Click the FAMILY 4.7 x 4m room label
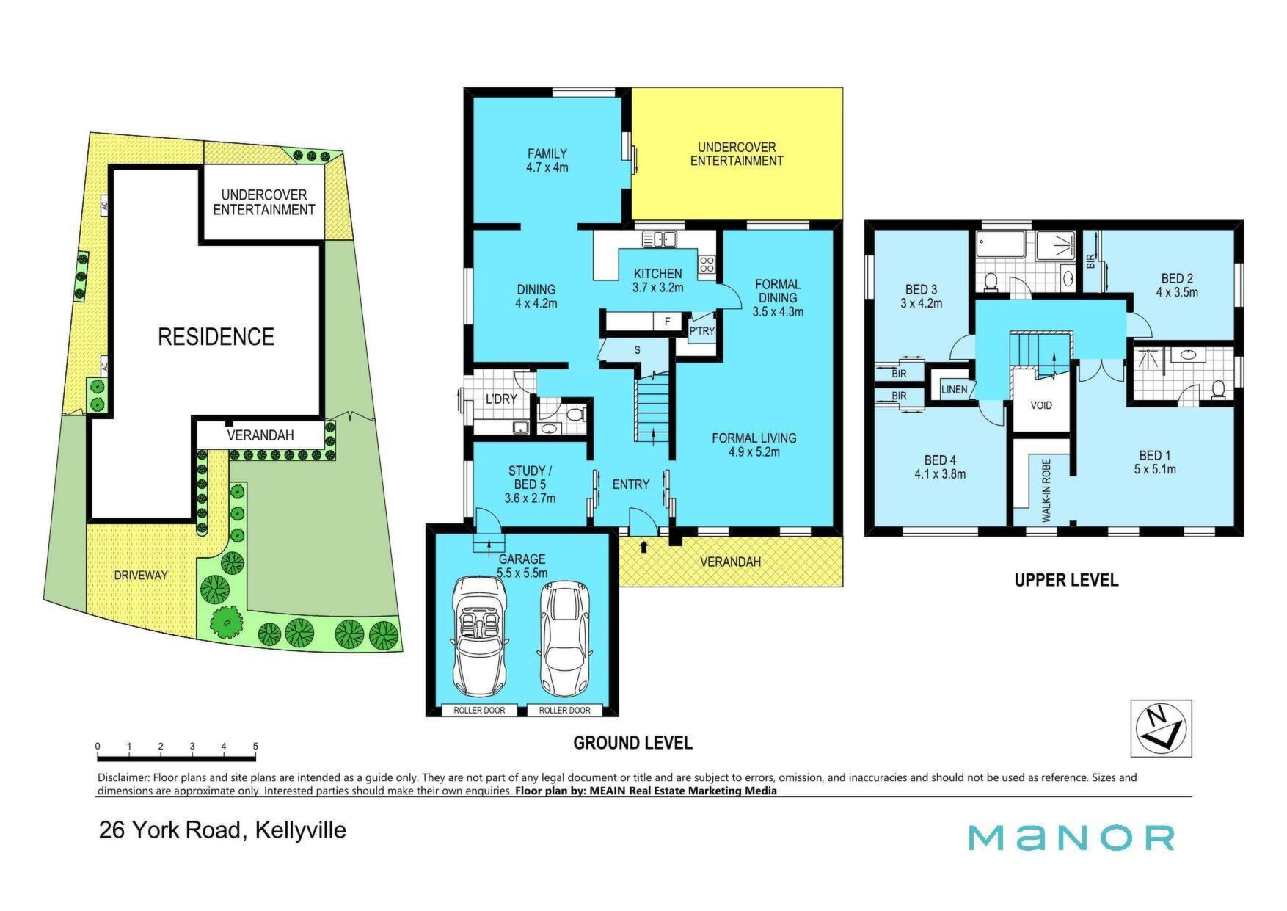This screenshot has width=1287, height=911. [x=547, y=160]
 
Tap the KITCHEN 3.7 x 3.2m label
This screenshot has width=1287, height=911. [x=657, y=280]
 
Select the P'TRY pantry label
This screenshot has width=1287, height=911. [x=701, y=331]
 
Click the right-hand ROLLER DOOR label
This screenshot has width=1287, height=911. [x=564, y=710]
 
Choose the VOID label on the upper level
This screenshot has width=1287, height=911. [x=1041, y=405]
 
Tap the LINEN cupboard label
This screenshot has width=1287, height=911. [x=954, y=389]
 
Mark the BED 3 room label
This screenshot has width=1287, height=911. [x=921, y=296]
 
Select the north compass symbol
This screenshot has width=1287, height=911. [x=1161, y=727]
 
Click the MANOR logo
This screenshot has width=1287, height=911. [x=1071, y=838]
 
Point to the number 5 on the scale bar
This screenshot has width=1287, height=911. [x=255, y=747]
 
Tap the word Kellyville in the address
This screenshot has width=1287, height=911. [x=300, y=830]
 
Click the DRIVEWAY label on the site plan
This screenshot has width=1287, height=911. [x=141, y=575]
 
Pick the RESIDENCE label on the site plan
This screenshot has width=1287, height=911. [x=216, y=337]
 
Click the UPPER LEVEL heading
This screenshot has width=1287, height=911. [x=1066, y=580]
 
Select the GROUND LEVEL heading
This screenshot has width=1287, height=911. [x=632, y=743]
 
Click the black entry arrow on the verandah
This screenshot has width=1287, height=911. [x=644, y=547]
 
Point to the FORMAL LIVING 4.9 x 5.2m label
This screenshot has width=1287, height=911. [x=754, y=445]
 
